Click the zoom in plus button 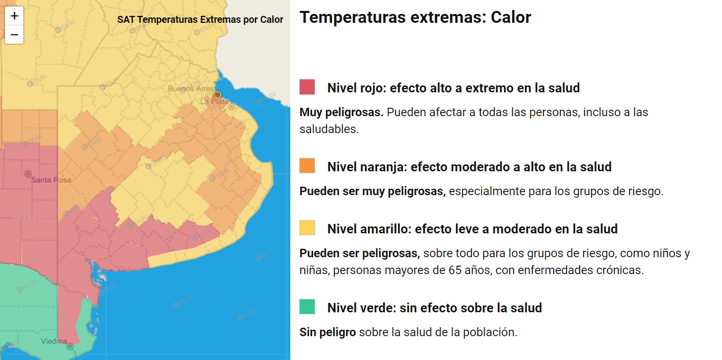point(14,16)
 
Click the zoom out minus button point(14,35)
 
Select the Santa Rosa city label point(51,180)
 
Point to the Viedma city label point(54,341)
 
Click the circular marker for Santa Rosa point(27,174)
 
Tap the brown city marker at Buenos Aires point(217,94)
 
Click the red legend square point(307,87)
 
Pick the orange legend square point(307,165)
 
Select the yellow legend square point(307,227)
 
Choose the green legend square point(307,306)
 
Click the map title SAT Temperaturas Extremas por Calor point(200,20)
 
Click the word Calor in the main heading point(511,17)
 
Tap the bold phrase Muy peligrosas point(341,112)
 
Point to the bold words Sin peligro point(328,332)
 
